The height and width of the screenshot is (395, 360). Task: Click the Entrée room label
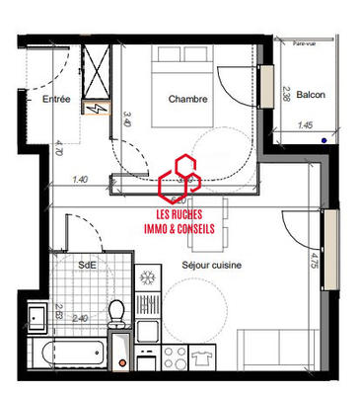[x=56, y=100]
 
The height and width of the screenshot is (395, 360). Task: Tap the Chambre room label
[x=187, y=99]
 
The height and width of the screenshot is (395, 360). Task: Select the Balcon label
[x=311, y=96]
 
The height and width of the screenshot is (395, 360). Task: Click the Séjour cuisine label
[x=212, y=266]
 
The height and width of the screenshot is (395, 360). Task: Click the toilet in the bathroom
[x=115, y=314]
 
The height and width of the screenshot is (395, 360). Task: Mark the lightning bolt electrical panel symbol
[x=98, y=109]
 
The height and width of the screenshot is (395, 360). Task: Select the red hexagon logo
[x=180, y=177]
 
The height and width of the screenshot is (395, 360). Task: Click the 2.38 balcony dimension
[x=286, y=95]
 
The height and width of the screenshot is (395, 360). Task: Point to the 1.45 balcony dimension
[x=305, y=126]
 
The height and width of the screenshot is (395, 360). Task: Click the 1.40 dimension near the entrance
[x=81, y=180]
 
